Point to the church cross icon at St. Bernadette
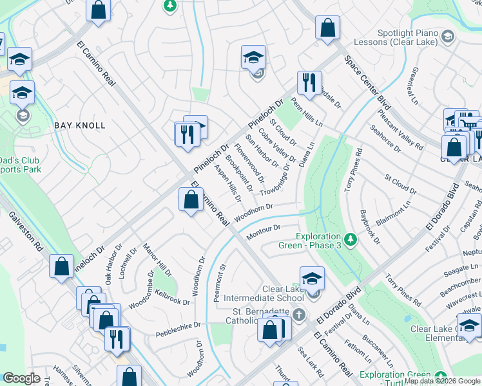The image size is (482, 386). pos(298,315)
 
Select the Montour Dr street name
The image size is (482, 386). pos(264,232)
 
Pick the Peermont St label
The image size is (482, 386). pos(222,280)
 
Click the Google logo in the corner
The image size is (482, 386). pos(21,378)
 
